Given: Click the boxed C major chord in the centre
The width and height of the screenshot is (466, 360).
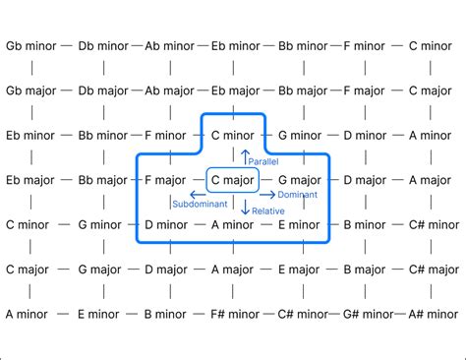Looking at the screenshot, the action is [x=232, y=180].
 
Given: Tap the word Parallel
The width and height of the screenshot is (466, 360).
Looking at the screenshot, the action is [x=263, y=160].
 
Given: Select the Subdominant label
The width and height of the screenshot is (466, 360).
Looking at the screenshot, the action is [x=200, y=205].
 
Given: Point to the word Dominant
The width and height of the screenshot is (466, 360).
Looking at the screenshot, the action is [x=296, y=196].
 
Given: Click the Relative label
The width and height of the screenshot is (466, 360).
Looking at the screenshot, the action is [x=268, y=210].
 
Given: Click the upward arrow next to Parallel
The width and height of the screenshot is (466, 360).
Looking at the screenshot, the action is [x=245, y=156].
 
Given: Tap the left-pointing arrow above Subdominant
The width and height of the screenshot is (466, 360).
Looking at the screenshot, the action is [x=197, y=194].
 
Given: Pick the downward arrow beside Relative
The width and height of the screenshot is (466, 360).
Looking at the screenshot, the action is [x=245, y=208].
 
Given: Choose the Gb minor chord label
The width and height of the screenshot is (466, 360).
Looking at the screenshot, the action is [x=31, y=45].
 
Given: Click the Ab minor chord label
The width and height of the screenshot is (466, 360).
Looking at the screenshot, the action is [x=169, y=45].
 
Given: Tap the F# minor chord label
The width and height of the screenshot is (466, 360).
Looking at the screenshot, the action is [x=236, y=315].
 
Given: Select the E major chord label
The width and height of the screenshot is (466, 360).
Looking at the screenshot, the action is [x=301, y=270].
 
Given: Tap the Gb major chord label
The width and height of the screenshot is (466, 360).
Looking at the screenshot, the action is [x=31, y=90].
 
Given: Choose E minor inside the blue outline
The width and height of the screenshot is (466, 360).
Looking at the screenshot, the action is [x=301, y=225].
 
